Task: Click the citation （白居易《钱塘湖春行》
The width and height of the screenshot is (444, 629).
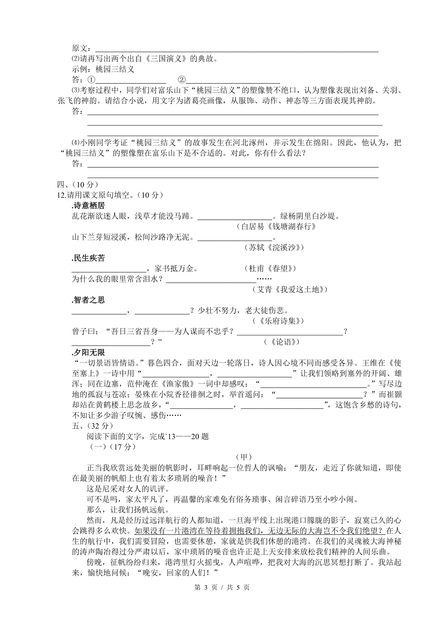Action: [x=276, y=226]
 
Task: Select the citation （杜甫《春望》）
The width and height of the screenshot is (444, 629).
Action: [x=270, y=269]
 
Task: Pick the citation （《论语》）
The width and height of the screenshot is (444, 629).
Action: [x=282, y=342]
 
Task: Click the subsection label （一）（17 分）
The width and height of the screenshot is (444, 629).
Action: [x=113, y=447]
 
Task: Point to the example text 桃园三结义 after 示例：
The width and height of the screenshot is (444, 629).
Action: [x=115, y=69]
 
